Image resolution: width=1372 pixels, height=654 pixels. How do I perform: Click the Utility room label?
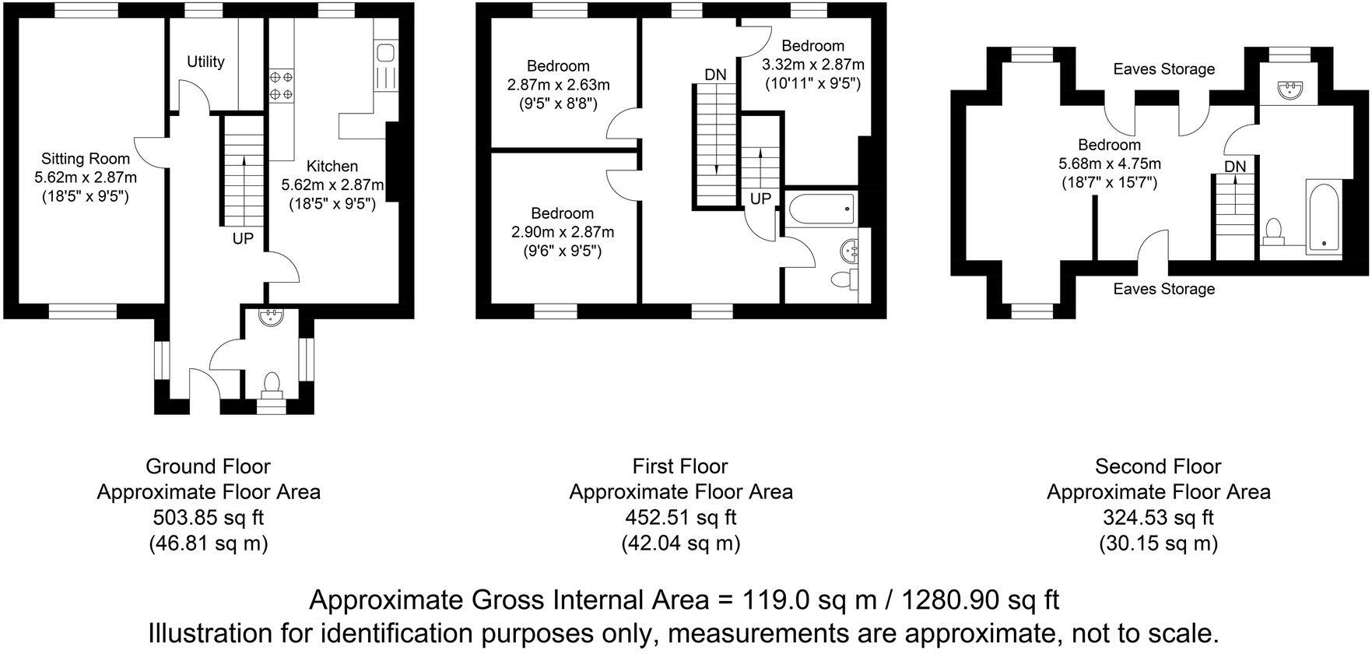click(x=206, y=62)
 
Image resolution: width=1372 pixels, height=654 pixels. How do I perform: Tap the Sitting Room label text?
click(x=75, y=160)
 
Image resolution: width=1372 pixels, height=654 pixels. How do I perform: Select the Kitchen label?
click(x=332, y=166)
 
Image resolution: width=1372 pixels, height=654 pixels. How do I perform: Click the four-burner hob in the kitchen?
click(x=281, y=86)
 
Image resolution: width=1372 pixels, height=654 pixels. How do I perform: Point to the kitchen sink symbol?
click(x=385, y=53)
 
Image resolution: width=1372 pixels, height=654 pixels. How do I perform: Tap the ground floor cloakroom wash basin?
click(x=272, y=317)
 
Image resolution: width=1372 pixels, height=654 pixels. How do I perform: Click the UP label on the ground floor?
click(x=243, y=238)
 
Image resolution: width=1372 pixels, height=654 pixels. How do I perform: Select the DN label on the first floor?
click(x=715, y=75)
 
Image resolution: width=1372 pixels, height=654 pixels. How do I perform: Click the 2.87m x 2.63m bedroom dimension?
click(x=558, y=84)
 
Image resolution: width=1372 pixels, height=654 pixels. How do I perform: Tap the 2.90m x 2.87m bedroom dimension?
click(x=562, y=232)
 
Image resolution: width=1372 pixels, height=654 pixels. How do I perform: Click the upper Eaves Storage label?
click(x=1163, y=69)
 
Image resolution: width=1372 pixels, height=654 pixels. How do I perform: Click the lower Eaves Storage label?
click(x=1163, y=289)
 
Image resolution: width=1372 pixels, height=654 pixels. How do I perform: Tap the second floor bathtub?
click(x=1322, y=218)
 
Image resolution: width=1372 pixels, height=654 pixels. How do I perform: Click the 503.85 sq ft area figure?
click(x=208, y=517)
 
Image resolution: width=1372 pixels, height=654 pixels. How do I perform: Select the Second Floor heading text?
click(x=1158, y=466)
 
